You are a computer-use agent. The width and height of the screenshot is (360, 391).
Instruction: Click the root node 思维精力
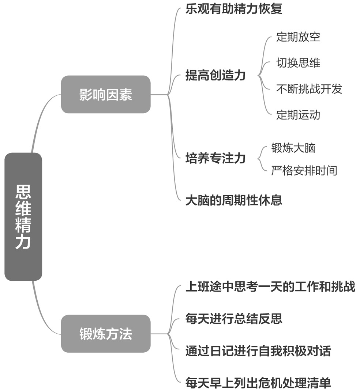[23, 216]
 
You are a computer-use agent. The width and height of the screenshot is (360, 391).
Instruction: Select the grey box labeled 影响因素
[105, 94]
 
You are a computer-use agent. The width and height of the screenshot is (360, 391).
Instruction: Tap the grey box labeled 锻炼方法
[105, 334]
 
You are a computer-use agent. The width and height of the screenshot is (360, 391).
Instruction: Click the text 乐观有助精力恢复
[234, 9]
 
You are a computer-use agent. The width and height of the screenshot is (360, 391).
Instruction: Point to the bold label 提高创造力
[215, 76]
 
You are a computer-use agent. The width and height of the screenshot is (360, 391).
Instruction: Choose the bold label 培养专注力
[215, 159]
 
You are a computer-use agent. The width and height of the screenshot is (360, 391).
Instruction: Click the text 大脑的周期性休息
[234, 200]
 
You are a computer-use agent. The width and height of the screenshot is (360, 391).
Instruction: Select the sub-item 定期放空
[298, 37]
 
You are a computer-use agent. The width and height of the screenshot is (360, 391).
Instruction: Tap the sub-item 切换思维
[298, 63]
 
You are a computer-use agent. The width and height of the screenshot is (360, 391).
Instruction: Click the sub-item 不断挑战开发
[309, 89]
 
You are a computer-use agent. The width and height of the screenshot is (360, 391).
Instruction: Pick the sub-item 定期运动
[298, 115]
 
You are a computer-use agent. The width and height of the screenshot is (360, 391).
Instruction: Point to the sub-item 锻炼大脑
[293, 148]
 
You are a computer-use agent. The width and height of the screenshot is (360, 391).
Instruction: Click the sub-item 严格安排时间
[304, 170]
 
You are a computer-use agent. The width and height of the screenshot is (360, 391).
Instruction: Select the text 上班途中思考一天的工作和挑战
[270, 286]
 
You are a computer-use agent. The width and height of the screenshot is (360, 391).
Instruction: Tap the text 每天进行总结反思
[234, 319]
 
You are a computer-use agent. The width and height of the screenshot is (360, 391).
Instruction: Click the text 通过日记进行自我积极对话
[258, 351]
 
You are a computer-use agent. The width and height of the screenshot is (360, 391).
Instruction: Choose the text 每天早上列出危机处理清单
[258, 383]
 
